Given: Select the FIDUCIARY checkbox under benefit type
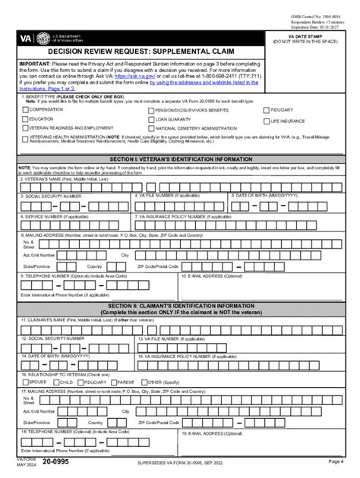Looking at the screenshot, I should click(265, 109).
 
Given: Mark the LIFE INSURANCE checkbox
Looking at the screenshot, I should click(265, 120).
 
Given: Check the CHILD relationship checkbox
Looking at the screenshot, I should click(55, 382).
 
